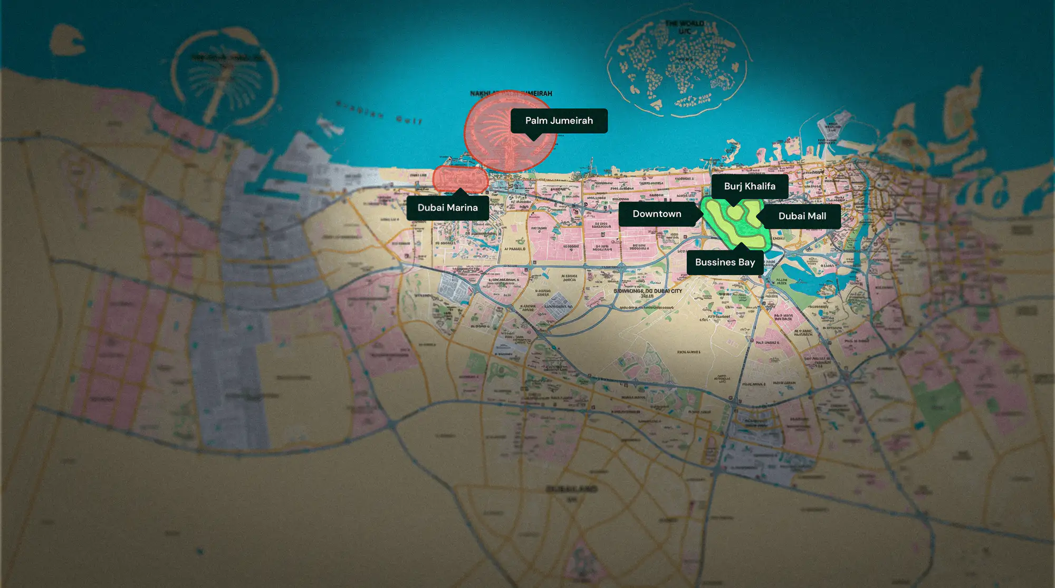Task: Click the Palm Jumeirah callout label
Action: [x=559, y=121]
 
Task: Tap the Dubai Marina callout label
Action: [x=447, y=208]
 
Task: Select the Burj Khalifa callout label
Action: [x=749, y=186]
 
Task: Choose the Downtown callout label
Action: [x=657, y=214]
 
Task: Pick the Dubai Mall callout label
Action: [x=802, y=216]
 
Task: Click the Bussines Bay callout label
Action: [x=725, y=262]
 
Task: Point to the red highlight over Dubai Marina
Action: [x=460, y=178]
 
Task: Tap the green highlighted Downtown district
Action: [x=736, y=224]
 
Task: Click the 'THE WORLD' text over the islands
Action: [x=684, y=24]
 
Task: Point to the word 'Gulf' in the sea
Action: [x=409, y=120]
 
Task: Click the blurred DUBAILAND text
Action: [x=571, y=489]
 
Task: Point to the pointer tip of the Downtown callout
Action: [x=702, y=214]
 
